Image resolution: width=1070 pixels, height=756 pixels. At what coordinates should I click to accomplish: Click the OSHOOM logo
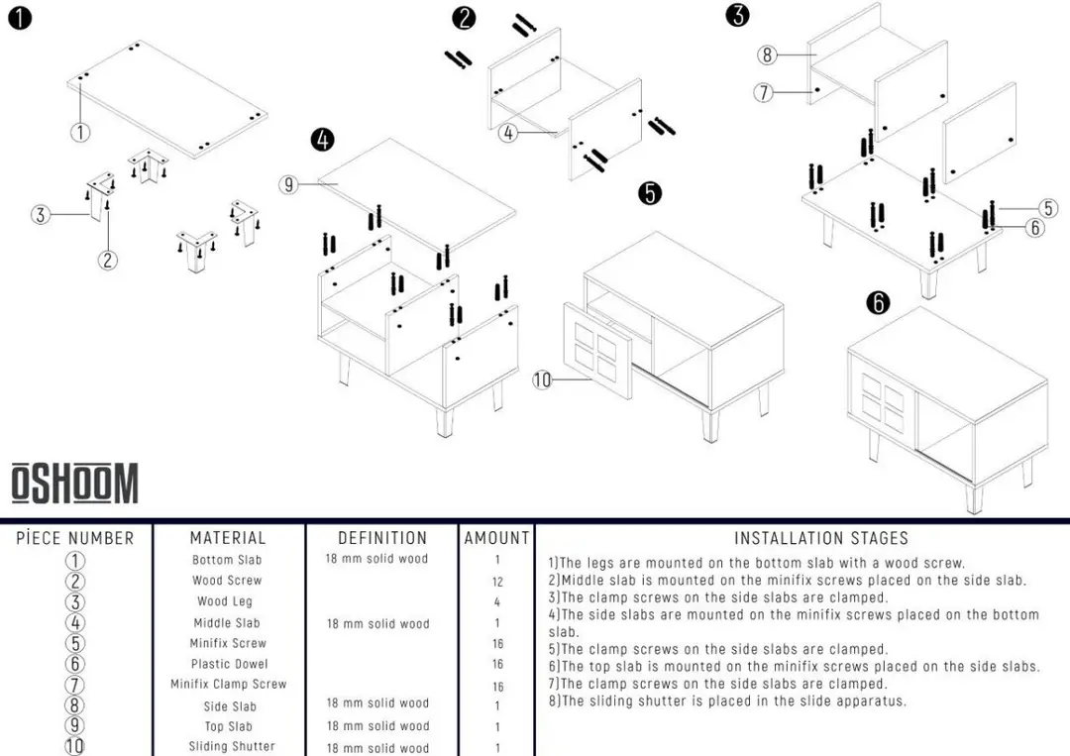point(74,484)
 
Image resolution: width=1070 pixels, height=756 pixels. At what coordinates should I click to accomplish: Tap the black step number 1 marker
point(20,18)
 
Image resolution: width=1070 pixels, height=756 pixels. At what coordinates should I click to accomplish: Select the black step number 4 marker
point(323,140)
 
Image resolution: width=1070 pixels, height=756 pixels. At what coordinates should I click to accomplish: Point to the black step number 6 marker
point(878,302)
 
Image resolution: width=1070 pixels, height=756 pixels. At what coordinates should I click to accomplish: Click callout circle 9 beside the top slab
point(288,184)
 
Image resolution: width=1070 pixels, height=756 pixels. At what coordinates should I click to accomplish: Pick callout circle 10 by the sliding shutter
point(542,379)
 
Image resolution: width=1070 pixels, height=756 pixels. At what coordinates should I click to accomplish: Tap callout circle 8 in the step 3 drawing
point(767,54)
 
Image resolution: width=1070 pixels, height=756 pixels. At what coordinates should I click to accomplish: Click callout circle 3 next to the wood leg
point(41,215)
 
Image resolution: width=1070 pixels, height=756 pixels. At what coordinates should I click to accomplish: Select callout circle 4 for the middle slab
point(507,133)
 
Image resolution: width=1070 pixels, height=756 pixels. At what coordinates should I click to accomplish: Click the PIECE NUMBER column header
point(75,538)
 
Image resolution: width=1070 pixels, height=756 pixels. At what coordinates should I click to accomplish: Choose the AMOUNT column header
point(496,538)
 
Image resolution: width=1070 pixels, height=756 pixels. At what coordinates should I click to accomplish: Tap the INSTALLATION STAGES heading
point(821,538)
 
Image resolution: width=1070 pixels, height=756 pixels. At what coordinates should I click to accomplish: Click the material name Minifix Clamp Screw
point(229,684)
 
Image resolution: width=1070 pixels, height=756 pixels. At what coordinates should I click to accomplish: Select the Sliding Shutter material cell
point(232,746)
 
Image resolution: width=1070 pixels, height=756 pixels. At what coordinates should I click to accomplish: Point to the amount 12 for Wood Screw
point(497,582)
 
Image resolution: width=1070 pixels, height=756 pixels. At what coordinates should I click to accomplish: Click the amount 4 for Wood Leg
point(496,601)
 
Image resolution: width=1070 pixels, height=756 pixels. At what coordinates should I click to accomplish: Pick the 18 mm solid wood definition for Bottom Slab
point(376,558)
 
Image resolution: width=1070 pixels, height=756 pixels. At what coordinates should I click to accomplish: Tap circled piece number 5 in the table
point(75,643)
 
